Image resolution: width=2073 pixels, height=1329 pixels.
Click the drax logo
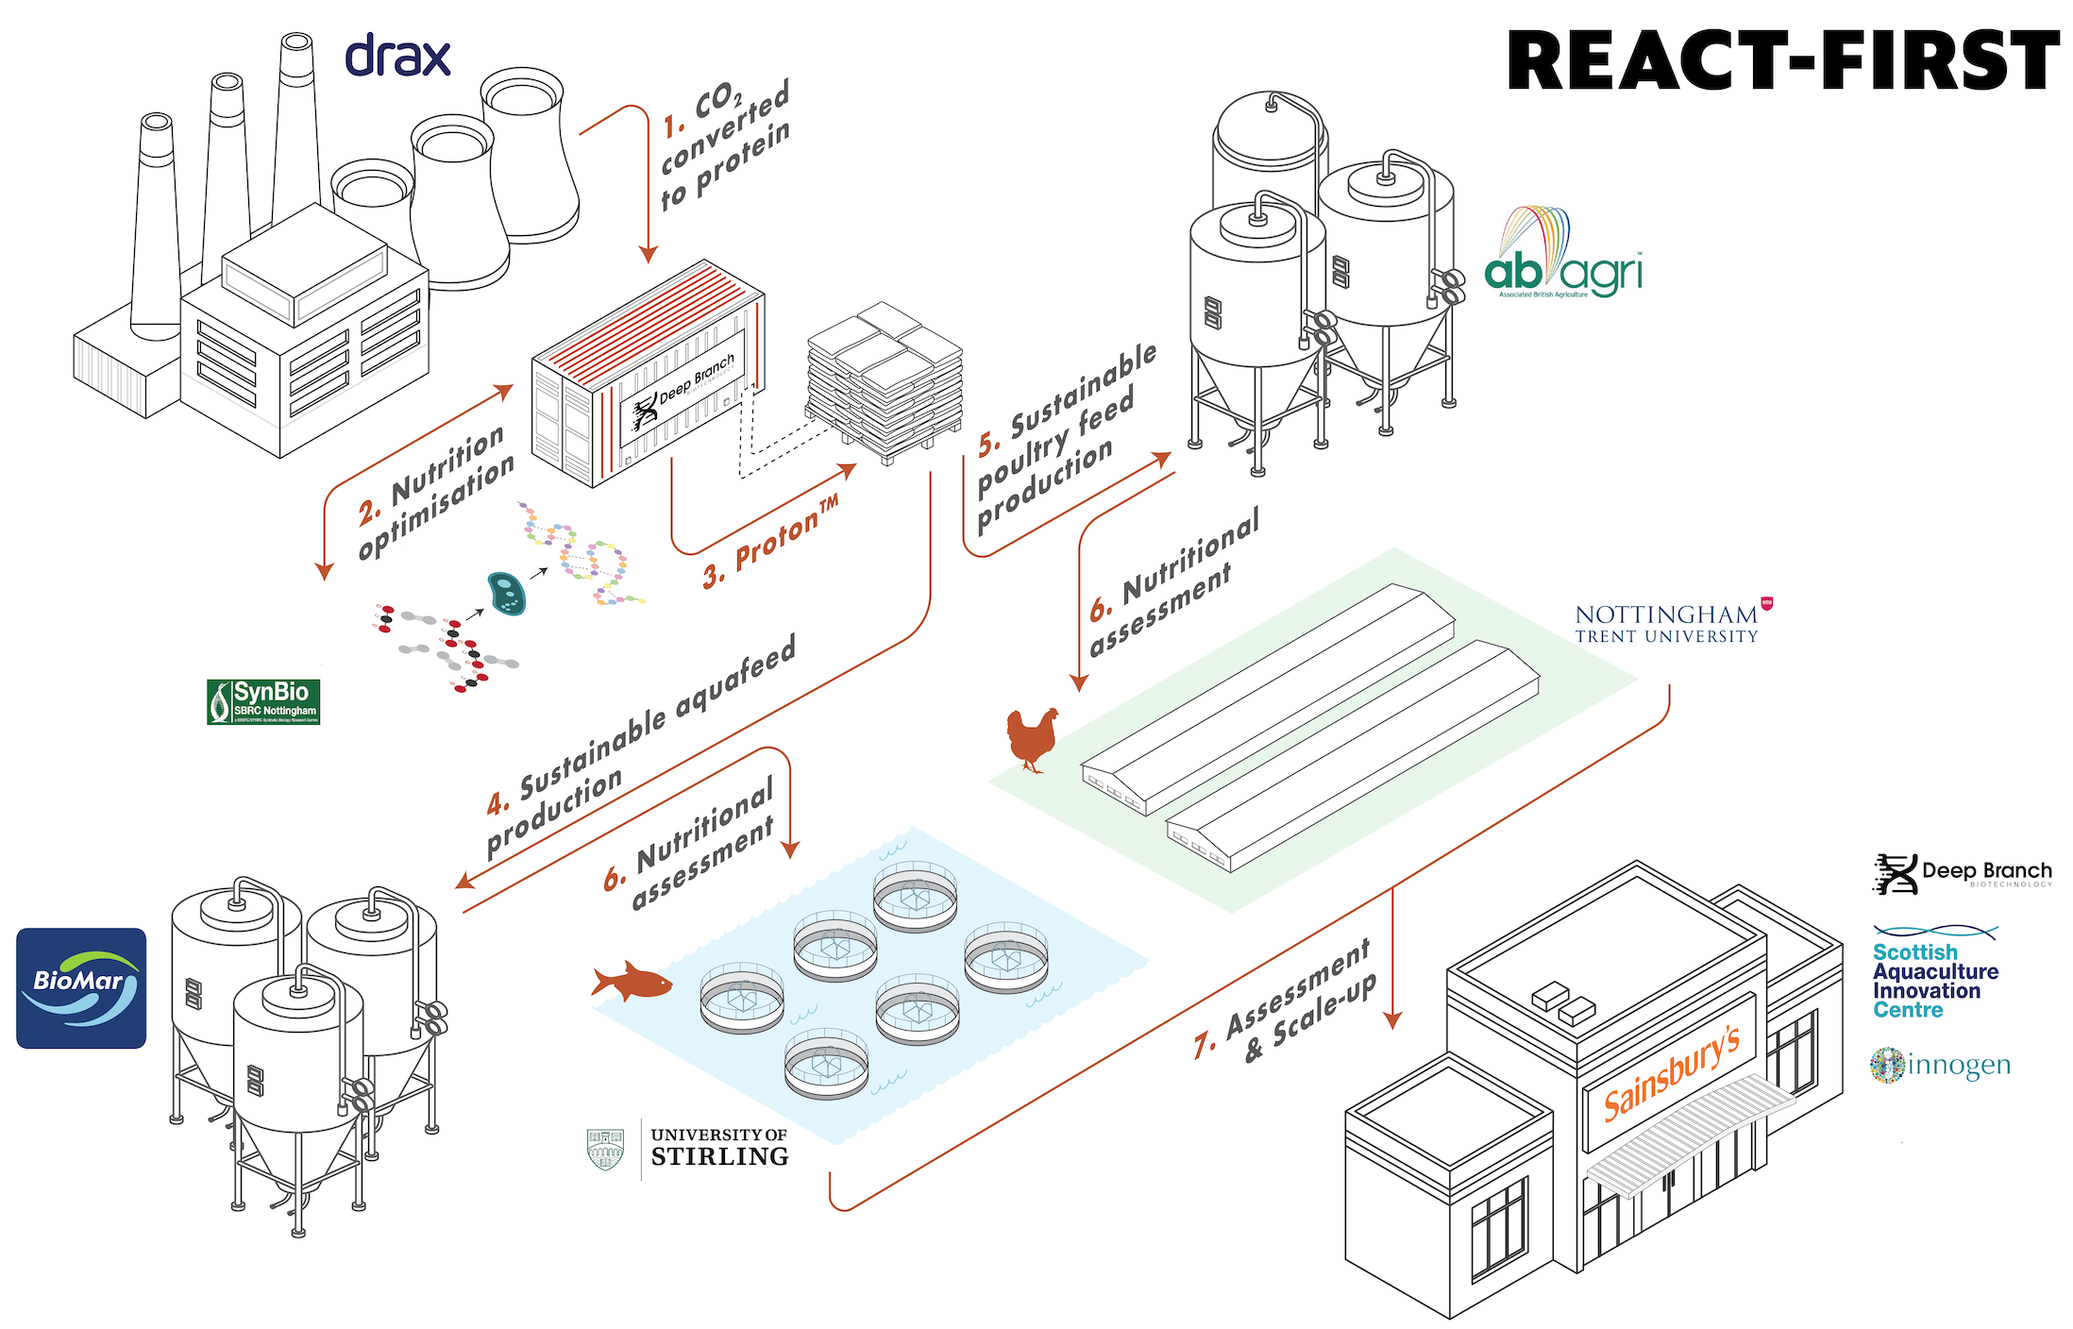point(397,57)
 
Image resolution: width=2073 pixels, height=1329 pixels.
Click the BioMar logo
point(81,987)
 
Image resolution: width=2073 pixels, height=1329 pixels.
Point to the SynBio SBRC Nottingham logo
point(263,701)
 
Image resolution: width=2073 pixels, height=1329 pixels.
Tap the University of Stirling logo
point(689,1149)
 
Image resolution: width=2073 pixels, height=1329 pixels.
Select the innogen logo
point(1939,1065)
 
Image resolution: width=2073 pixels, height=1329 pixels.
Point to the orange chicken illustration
point(1031,738)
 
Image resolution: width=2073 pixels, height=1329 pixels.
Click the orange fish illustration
point(631,982)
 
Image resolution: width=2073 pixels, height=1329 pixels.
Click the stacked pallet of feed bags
point(885,382)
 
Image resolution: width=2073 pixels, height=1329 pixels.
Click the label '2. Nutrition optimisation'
point(436,493)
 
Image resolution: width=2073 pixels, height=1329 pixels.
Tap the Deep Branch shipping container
point(648,376)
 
